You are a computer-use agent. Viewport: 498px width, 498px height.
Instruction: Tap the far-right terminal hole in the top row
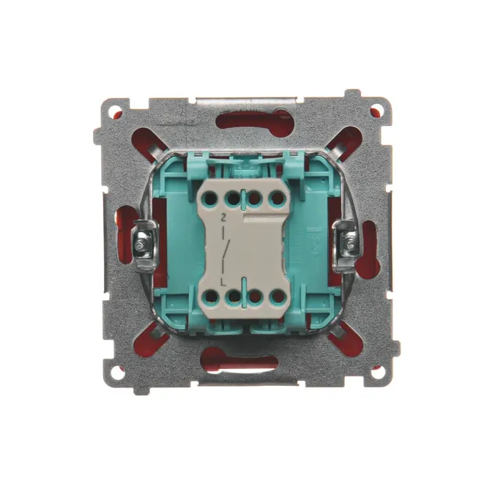[278, 198]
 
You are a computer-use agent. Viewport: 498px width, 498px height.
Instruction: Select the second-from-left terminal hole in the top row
[233, 199]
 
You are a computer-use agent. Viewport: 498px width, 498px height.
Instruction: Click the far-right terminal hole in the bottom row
[278, 297]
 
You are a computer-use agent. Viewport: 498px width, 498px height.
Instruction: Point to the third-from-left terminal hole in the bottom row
[256, 297]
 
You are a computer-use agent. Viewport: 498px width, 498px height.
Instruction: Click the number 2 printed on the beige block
[223, 218]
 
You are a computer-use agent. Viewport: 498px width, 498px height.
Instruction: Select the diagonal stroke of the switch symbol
[226, 251]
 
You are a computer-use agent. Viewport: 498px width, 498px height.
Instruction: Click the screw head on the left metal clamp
[139, 245]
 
